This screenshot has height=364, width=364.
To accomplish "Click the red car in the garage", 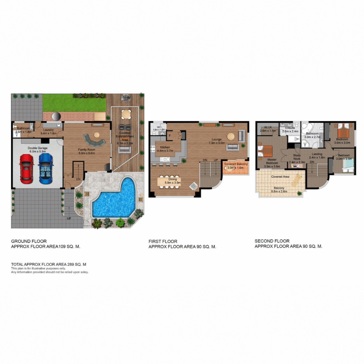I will tap(26, 169).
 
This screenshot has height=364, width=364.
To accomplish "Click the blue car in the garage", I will tap(45, 169).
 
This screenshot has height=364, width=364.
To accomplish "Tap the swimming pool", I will tap(114, 199).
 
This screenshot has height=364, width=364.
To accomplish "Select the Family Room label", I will tap(87, 150).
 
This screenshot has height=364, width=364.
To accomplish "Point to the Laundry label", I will tap(49, 130).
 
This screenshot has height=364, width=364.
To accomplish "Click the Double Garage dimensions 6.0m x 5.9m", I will tap(38, 151).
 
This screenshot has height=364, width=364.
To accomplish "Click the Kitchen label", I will tap(165, 147).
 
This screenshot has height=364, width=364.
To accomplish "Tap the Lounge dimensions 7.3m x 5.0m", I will tap(217, 143).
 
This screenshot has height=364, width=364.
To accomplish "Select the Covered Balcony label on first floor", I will tap(236, 164).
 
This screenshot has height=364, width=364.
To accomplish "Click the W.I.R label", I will tap(268, 127).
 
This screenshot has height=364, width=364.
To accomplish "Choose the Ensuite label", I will tap(290, 128).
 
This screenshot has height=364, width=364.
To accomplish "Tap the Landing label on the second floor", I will tap(317, 154).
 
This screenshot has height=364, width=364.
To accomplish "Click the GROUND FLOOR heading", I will tap(29, 241).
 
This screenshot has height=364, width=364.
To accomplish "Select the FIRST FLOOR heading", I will tap(163, 241).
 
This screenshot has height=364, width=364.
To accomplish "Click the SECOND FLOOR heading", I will tap(272, 241).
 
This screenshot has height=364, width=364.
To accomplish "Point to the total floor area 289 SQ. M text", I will tap(49, 264).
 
